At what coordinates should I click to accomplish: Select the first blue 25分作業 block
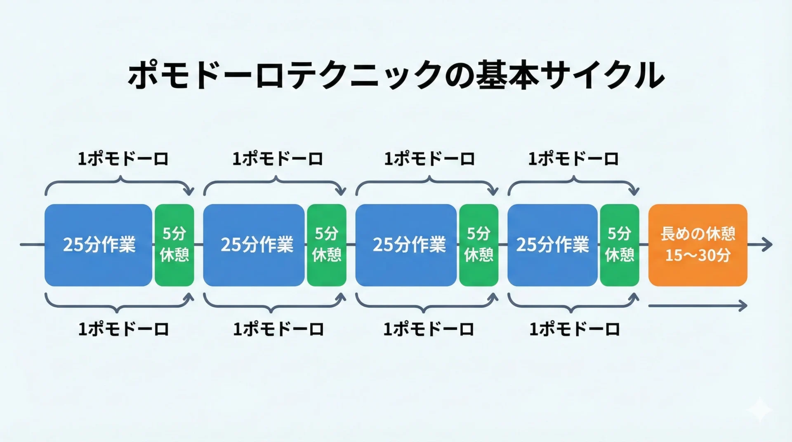point(98,245)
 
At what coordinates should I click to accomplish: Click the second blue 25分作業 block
point(254,245)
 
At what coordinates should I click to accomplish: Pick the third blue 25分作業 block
point(406,245)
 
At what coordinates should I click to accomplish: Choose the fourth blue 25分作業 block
point(552,245)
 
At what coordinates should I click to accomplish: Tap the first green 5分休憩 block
point(174,245)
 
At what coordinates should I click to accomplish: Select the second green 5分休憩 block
point(326,245)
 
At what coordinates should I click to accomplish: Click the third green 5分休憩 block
point(478,245)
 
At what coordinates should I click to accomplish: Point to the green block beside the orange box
point(619,245)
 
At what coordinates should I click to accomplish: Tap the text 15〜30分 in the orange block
point(698,256)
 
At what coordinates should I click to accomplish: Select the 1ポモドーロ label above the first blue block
point(123,159)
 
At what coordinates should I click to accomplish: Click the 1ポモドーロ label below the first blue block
point(123,329)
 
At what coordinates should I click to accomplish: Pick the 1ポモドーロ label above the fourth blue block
point(573,159)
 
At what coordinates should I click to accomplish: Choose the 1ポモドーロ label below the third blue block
point(429,329)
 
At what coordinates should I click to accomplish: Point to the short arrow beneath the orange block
point(697,306)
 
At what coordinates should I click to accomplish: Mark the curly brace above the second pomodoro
point(275,183)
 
